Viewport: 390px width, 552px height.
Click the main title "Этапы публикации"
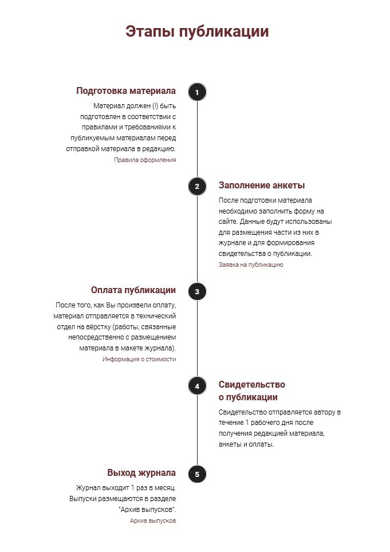coord(197,31)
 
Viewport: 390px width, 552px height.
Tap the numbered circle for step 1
coord(197,92)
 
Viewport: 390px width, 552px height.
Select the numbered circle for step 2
coord(197,186)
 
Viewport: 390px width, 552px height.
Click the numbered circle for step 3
coord(197,291)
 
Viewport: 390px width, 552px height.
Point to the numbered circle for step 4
coord(197,386)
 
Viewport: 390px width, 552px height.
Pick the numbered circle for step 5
coord(197,474)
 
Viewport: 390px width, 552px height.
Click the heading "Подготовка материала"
coord(126,91)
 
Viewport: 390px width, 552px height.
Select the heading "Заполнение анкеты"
coord(262,186)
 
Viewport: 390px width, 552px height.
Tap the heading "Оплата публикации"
coord(133,290)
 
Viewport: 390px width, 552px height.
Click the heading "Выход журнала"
coord(141,473)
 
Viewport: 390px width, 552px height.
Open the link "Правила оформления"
coord(145,160)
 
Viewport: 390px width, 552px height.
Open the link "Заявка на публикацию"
coord(251,265)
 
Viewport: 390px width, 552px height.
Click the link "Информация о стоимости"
coord(139,360)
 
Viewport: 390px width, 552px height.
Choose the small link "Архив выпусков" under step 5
coord(153,521)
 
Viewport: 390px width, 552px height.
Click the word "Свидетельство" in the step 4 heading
coord(252,384)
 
